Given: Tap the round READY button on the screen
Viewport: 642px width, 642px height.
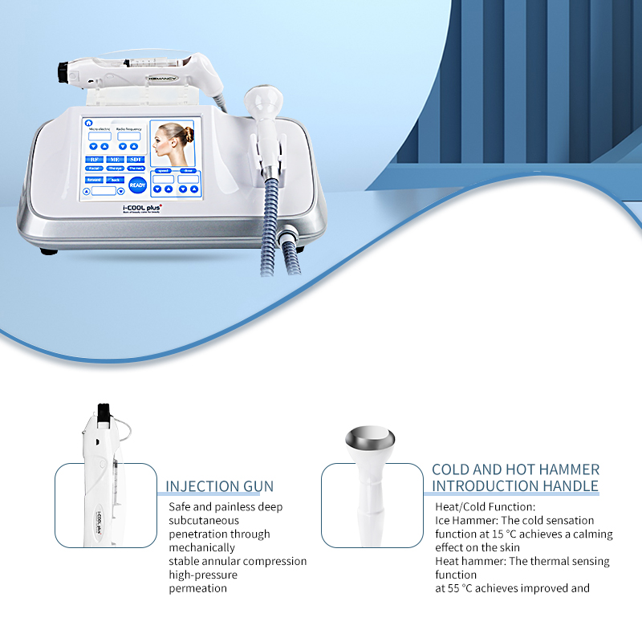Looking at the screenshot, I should click(137, 185).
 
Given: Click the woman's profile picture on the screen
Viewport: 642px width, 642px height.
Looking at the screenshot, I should click(173, 143).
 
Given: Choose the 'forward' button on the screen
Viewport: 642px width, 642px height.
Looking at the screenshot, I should click(94, 179).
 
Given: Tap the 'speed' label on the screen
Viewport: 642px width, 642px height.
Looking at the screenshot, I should click(163, 170).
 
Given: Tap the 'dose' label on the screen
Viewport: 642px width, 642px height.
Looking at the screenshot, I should click(188, 170).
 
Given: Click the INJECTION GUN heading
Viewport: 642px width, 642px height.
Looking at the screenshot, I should click(219, 486).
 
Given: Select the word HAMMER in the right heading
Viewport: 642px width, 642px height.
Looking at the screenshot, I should click(571, 469).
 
